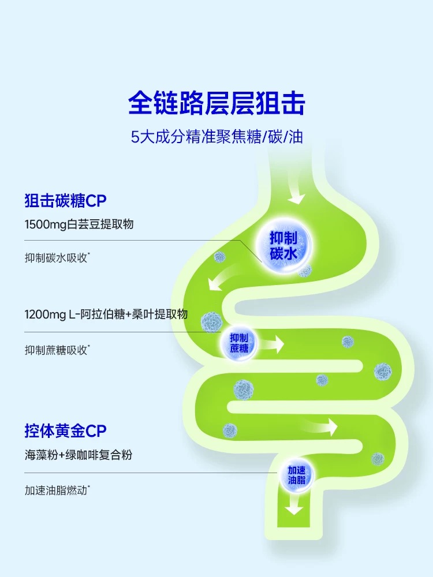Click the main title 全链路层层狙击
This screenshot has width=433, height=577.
pyautogui.click(x=216, y=104)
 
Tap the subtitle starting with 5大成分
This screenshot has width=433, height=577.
pyautogui.click(x=216, y=138)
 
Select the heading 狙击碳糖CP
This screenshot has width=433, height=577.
pyautogui.click(x=66, y=201)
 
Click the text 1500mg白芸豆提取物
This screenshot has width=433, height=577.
pyautogui.click(x=80, y=224)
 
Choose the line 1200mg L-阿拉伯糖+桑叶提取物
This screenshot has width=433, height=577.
pyautogui.click(x=106, y=315)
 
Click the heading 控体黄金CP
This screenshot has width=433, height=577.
pyautogui.click(x=66, y=430)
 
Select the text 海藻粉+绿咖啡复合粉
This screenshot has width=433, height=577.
pyautogui.click(x=79, y=455)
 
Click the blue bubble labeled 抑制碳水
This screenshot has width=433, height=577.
pyautogui.click(x=283, y=245)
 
